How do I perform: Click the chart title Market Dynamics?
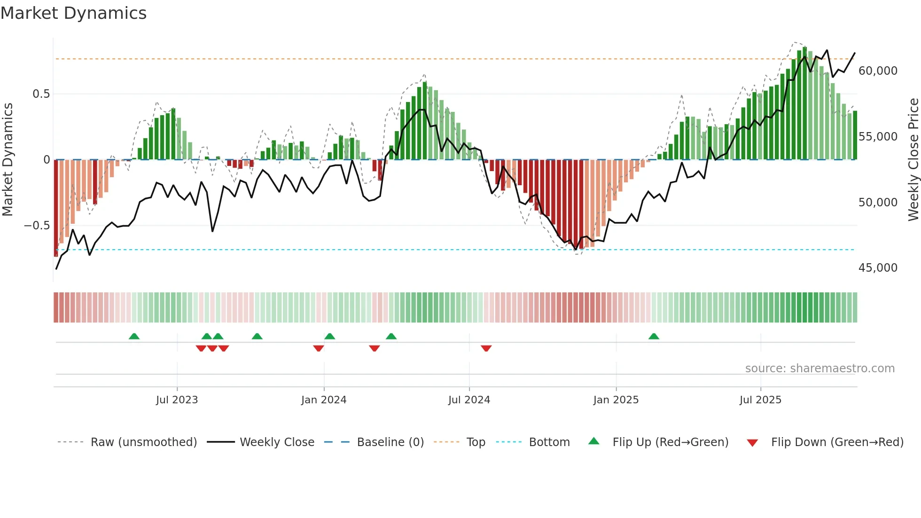(73, 13)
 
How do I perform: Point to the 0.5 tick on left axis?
(41, 94)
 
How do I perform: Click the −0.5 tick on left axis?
(37, 226)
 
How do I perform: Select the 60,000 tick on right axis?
(878, 71)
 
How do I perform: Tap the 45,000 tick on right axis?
(878, 268)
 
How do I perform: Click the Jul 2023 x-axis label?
(177, 400)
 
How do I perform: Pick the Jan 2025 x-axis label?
(616, 400)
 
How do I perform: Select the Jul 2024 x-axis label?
(469, 400)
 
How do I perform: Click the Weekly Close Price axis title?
(913, 160)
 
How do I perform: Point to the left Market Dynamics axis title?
(8, 160)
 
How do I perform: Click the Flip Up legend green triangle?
(594, 441)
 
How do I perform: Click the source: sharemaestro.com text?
(820, 369)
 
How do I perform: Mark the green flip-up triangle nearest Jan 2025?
(654, 336)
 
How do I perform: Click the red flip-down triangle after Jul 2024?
(486, 348)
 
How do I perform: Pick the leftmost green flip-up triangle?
(134, 336)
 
